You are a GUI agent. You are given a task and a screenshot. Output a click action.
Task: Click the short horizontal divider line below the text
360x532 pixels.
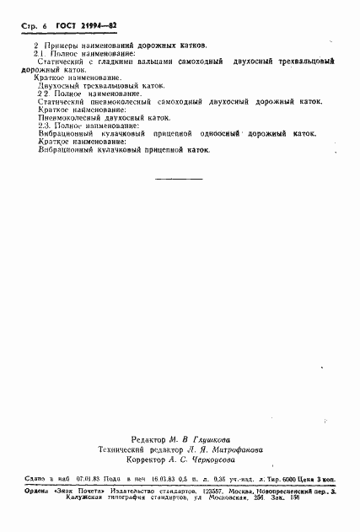tap(180, 179)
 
